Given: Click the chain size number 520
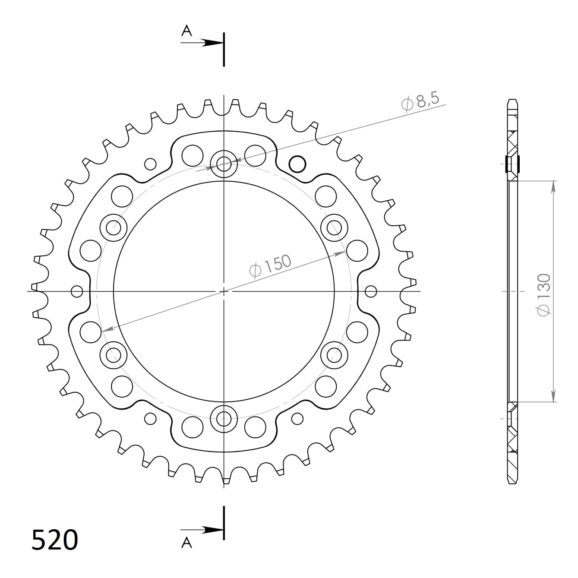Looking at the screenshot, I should [55, 540].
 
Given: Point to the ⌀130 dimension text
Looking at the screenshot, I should [543, 294].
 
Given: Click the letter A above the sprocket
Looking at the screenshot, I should [186, 31].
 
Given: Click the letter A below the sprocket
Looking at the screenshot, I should [186, 542].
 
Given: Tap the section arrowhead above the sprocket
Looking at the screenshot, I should [214, 43].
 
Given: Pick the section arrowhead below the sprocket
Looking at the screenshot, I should [214, 530].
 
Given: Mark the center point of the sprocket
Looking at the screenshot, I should [224, 291].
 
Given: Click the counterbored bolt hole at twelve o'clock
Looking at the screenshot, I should [224, 164].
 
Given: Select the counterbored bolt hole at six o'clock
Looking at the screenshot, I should [224, 417].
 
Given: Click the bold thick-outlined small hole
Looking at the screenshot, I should [297, 164].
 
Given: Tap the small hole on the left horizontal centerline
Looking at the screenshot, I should [77, 291].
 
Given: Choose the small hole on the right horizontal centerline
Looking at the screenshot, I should [370, 291].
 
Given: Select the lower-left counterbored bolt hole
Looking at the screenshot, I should [114, 355].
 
